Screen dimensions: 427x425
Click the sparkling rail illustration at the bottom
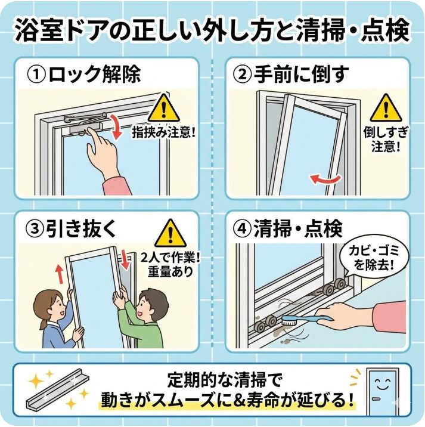pyautogui.click(x=57, y=391)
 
